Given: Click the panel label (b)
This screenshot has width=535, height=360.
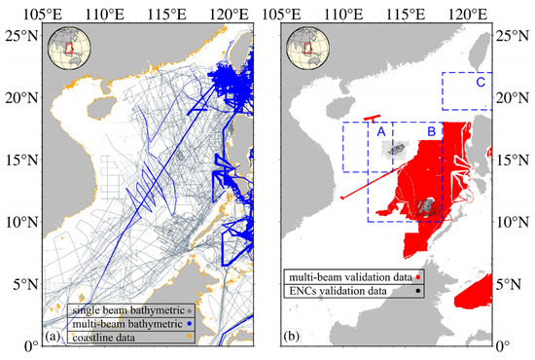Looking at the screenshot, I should pyautogui.click(x=293, y=338).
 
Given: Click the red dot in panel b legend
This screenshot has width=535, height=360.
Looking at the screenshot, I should pyautogui.click(x=418, y=277).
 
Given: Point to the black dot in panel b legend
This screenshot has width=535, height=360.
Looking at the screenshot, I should pyautogui.click(x=418, y=291).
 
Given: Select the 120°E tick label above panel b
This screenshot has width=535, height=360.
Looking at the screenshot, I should pyautogui.click(x=468, y=11).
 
